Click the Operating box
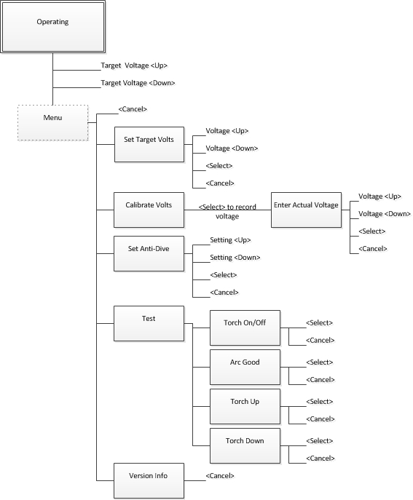[52, 27]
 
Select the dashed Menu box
[52, 122]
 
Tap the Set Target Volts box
[149, 144]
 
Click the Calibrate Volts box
[149, 210]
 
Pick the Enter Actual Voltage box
[306, 210]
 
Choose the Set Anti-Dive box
[149, 253]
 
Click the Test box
[149, 323]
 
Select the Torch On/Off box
[245, 328]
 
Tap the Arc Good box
[245, 367]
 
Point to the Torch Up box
[245, 406]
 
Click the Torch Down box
[245, 445]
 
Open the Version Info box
[149, 480]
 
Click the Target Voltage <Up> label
[134, 66]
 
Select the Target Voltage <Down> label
[138, 83]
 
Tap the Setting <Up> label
[230, 239]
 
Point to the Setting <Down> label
[235, 258]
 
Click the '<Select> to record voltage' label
[227, 211]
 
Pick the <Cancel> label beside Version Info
[220, 476]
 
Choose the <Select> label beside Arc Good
[320, 362]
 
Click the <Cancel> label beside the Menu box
[133, 109]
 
